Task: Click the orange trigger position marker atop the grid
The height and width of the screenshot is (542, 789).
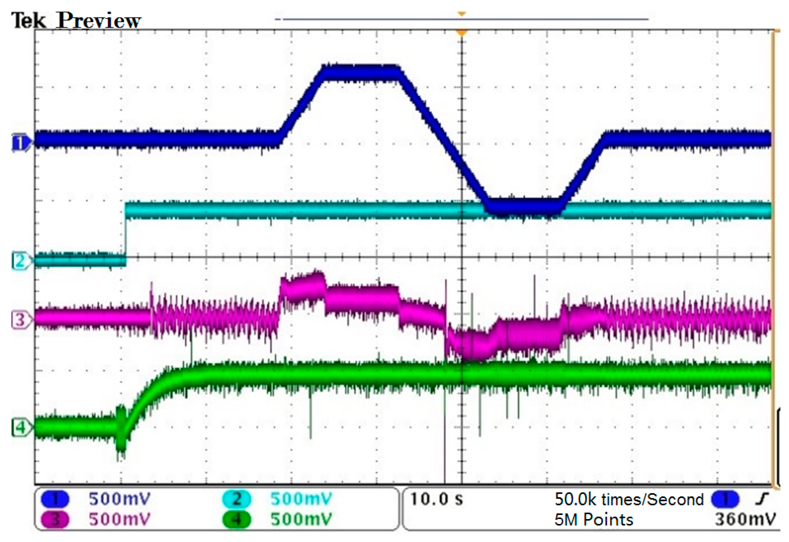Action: [x=461, y=33]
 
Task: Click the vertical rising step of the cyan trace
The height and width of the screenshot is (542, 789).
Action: [x=126, y=238]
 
